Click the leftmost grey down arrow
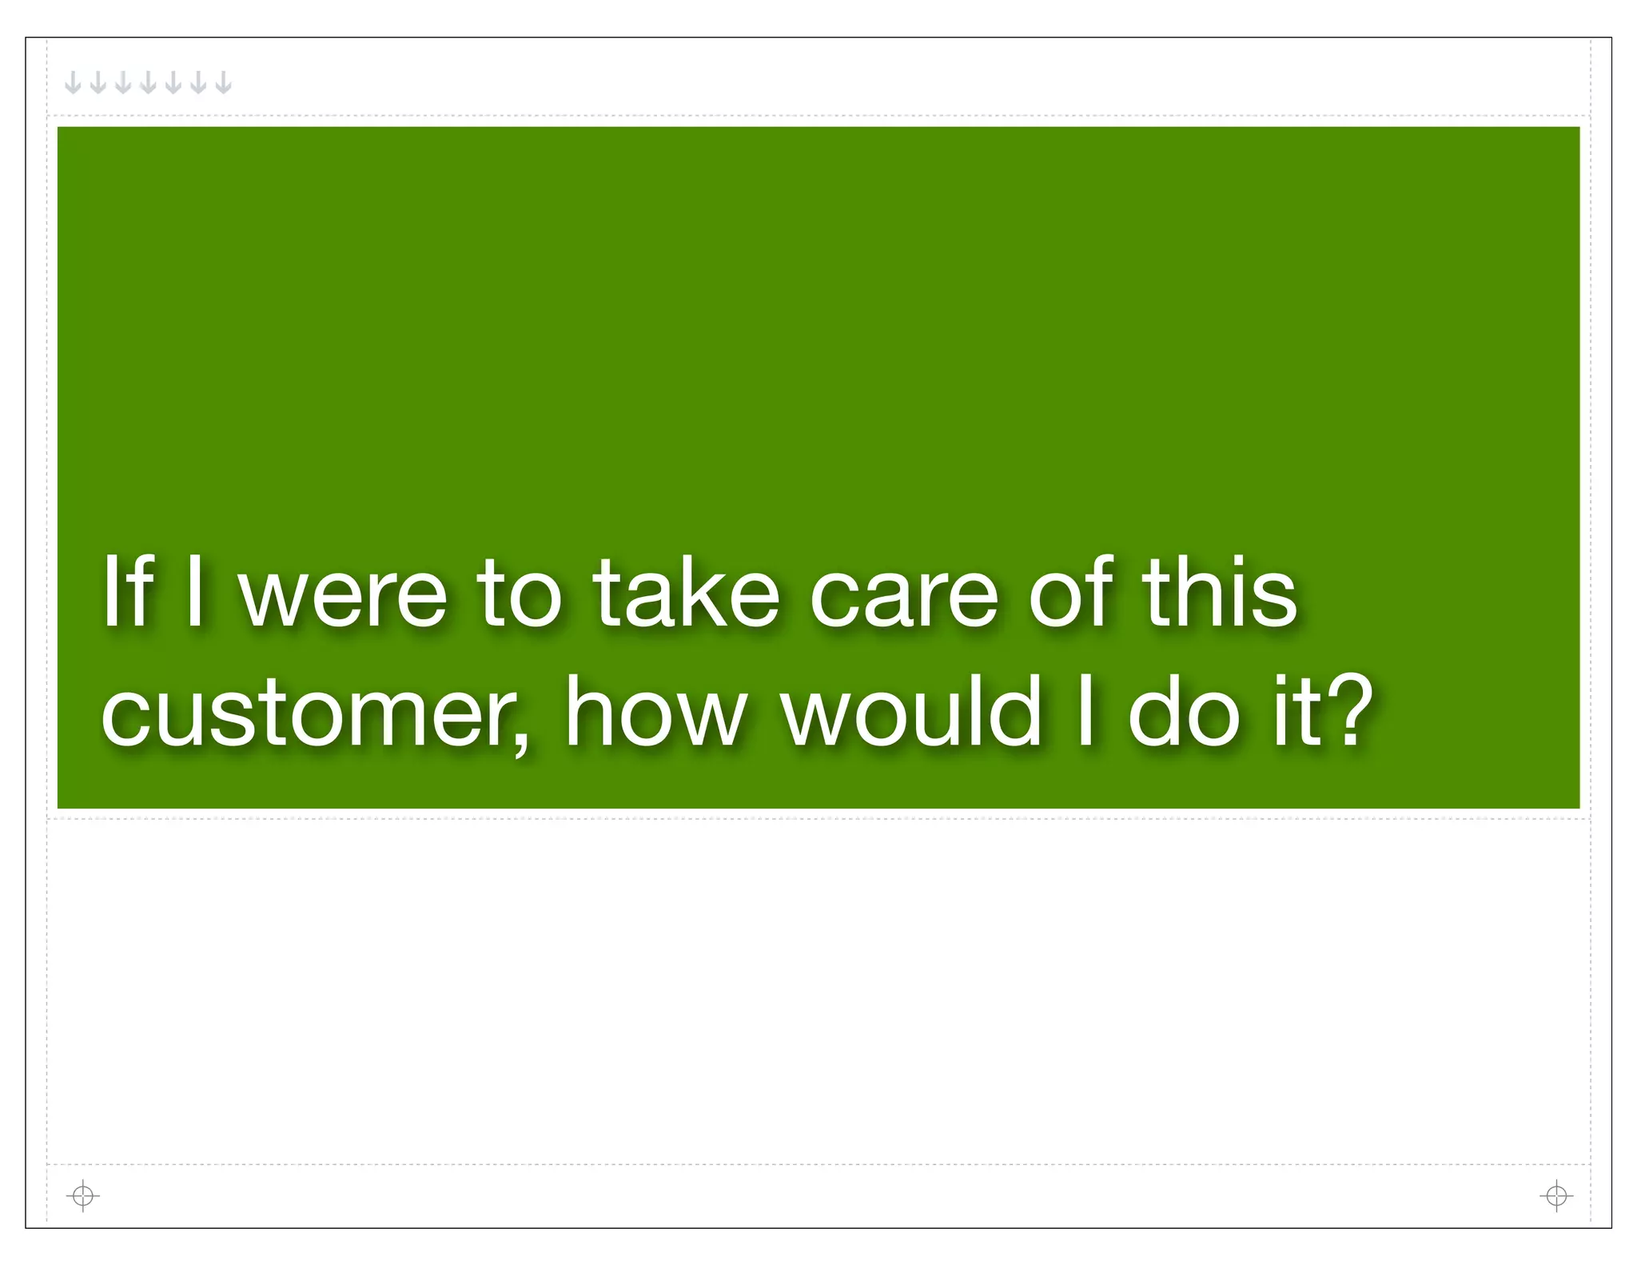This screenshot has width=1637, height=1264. (x=73, y=82)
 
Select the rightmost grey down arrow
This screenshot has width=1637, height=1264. (x=224, y=82)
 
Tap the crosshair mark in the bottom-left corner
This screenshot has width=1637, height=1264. (x=82, y=1196)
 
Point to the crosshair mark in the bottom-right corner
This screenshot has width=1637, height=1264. (x=1555, y=1196)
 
